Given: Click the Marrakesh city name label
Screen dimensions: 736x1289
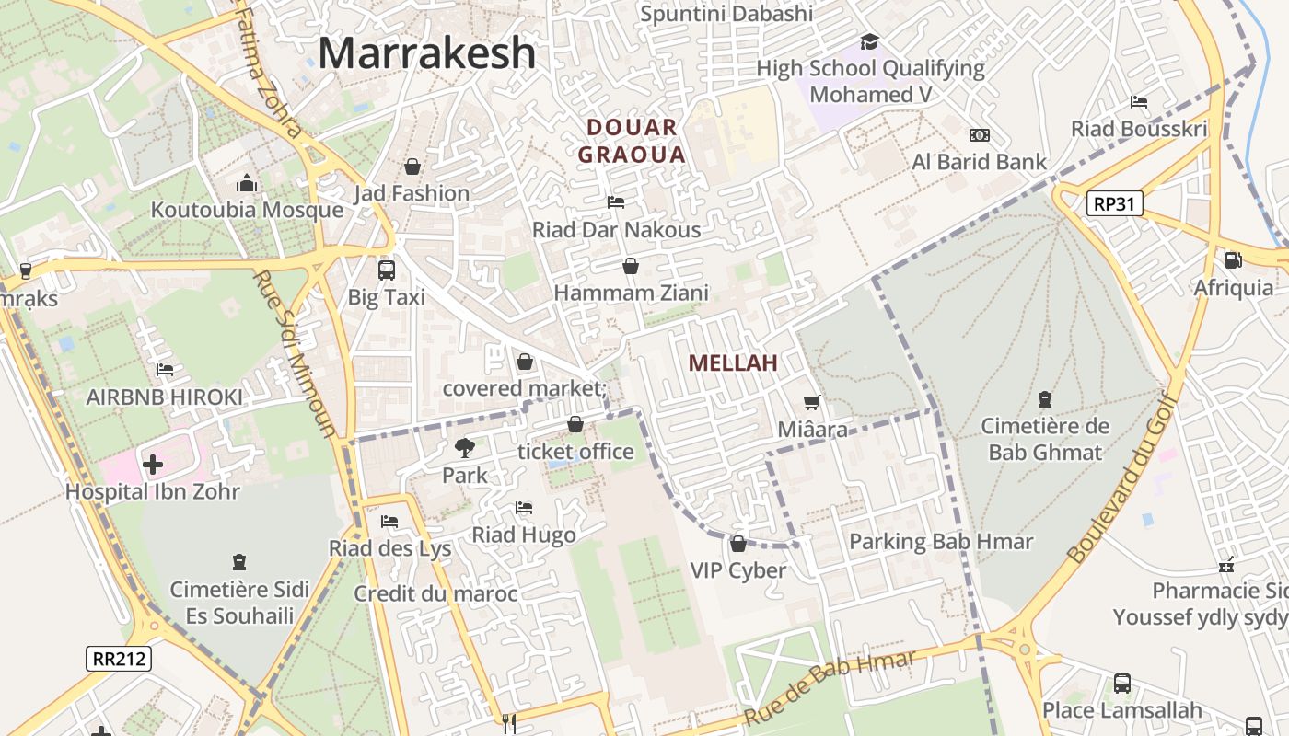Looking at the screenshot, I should (426, 53).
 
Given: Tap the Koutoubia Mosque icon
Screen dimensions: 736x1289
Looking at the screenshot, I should (246, 183).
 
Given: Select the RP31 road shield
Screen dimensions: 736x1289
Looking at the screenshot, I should (1114, 203).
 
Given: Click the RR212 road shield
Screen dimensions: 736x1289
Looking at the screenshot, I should (119, 659).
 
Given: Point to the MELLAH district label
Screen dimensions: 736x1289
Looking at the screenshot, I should (733, 363).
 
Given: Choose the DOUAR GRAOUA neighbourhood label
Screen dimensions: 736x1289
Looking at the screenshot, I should (632, 141).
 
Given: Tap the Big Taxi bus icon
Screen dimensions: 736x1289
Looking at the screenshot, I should (387, 270).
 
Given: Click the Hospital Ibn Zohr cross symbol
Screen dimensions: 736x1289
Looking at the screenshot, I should (153, 465).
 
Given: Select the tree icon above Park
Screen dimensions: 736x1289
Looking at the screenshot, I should (465, 448).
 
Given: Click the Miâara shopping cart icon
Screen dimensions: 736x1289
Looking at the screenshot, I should (811, 403).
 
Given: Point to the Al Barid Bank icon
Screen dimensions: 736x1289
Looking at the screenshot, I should (980, 135).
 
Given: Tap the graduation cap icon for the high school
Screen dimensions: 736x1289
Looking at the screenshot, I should (869, 41).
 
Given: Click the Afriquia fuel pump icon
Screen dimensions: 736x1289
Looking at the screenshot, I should (1233, 260).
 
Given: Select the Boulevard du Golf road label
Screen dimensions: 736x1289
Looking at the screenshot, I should (1123, 478).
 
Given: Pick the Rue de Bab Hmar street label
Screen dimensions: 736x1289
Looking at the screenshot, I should (830, 686).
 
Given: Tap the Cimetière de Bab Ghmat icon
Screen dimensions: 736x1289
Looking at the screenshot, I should (1045, 399).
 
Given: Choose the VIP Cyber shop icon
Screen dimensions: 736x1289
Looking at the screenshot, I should (737, 544).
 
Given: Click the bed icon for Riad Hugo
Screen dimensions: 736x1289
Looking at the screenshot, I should (524, 508).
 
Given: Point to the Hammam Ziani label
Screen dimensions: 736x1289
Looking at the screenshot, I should (631, 293).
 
